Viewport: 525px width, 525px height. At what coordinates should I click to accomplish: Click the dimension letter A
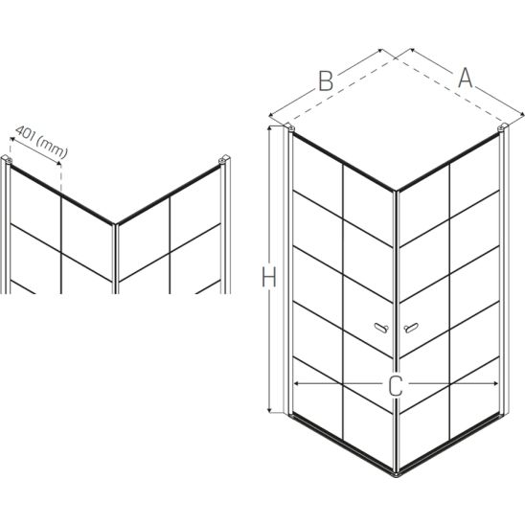coord(465,79)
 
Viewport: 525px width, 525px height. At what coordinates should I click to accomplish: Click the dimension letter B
coord(326,81)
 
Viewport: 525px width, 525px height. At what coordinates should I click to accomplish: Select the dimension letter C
coord(396,385)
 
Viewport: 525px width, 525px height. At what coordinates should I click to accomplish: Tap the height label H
coord(269,277)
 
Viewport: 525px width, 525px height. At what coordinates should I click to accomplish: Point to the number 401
coord(26,134)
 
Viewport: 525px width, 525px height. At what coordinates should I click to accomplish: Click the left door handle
coord(381,328)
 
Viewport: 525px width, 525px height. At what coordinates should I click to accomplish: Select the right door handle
coord(411,328)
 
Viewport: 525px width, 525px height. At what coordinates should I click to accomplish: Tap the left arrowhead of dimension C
coord(295,384)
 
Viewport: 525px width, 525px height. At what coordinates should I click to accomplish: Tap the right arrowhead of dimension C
coord(496,384)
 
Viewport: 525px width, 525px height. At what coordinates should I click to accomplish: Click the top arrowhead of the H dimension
coord(269,127)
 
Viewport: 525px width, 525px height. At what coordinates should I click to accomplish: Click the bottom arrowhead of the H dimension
coord(269,410)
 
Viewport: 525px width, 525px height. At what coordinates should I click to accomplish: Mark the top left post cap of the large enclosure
coord(289,126)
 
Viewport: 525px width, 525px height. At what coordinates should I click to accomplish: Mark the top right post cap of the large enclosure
coord(503,126)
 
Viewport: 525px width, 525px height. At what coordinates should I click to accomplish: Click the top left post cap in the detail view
coord(7,159)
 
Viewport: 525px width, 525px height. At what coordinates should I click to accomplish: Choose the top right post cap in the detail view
coord(224,159)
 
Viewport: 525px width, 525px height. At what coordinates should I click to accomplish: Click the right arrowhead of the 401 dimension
coord(59,163)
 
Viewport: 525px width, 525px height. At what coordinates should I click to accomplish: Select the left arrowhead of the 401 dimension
coord(12,138)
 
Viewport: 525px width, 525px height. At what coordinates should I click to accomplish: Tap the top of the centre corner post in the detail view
coord(115,224)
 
